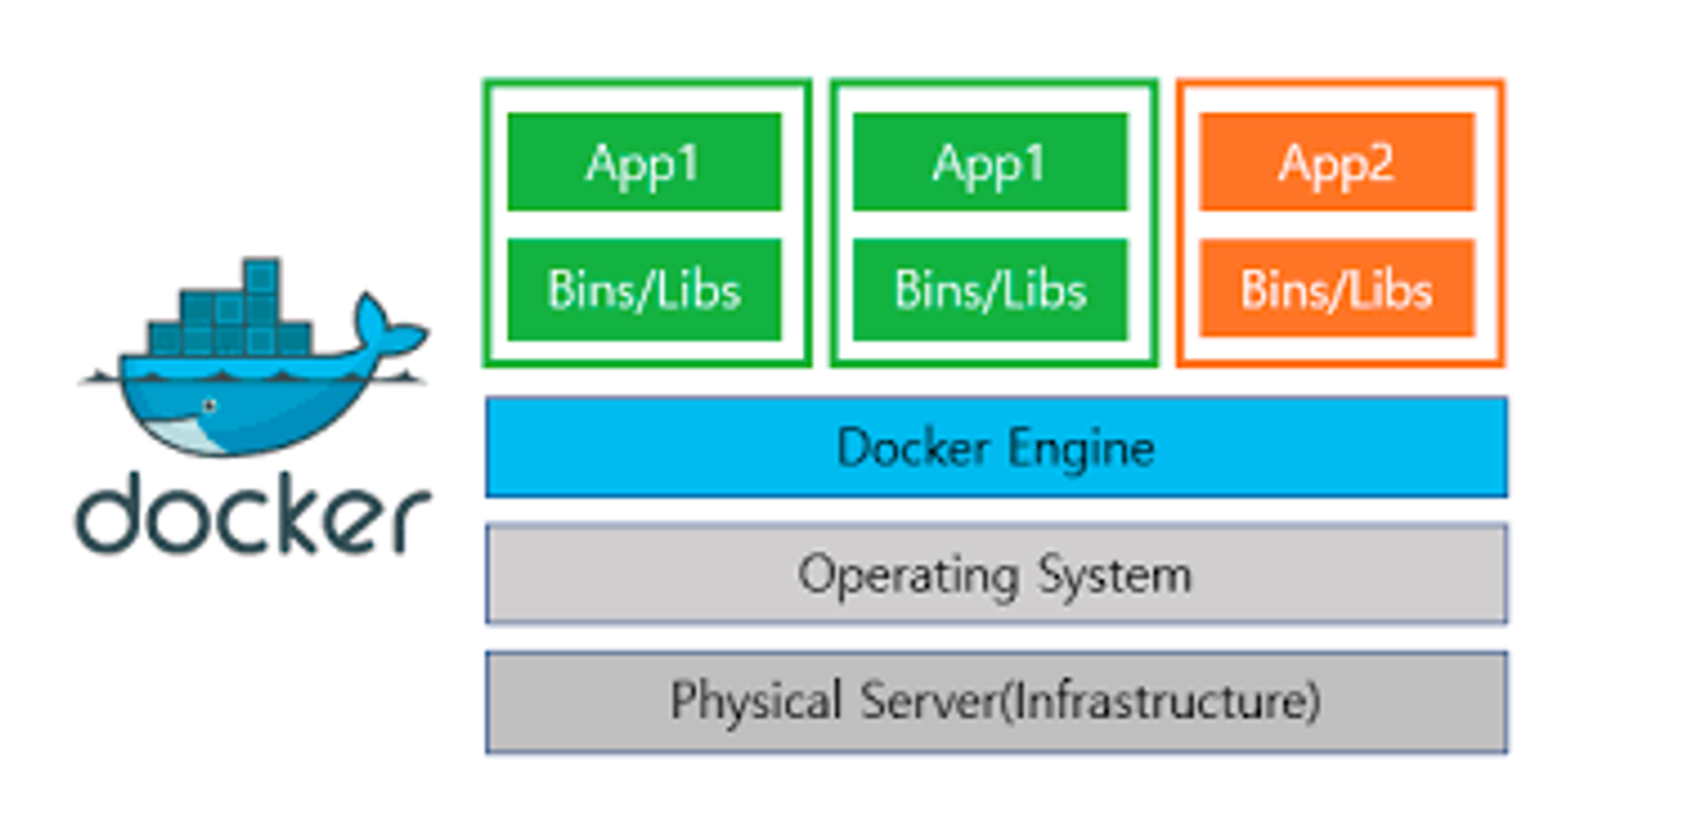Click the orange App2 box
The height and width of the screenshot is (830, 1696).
[x=1336, y=161]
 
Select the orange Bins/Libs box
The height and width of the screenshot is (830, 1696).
[x=1336, y=289]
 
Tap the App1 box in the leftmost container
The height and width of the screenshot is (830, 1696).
[x=644, y=161]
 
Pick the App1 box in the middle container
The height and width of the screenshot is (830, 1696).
[x=990, y=161]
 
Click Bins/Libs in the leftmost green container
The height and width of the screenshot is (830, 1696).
[x=644, y=290]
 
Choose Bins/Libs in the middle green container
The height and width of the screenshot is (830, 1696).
[x=990, y=290]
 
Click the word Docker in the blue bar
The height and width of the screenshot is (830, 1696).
[x=912, y=447]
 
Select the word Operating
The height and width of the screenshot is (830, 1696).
[x=907, y=576]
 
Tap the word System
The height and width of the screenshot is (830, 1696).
[x=1115, y=576]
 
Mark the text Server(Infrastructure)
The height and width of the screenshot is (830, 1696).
[x=1091, y=701]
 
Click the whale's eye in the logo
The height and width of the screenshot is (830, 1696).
[x=209, y=406]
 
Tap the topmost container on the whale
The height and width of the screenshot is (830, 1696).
[x=261, y=276]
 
